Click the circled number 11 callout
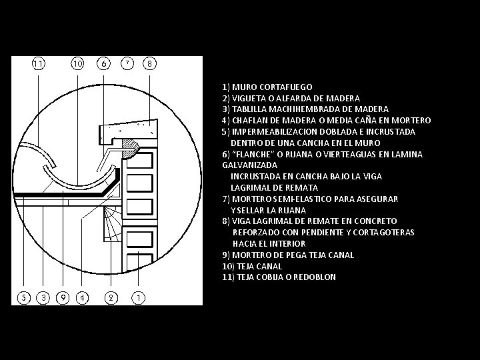tap(38, 64)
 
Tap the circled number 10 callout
tap(77, 64)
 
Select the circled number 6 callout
tap(103, 64)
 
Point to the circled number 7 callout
tap(127, 63)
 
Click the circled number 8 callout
tap(149, 64)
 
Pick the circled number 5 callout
tap(24, 297)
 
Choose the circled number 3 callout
tap(43, 297)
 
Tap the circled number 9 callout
tap(63, 297)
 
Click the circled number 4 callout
tap(82, 297)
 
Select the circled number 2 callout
tap(111, 297)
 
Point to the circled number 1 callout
tap(139, 297)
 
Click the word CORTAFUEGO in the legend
tap(285, 87)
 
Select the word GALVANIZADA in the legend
tap(250, 165)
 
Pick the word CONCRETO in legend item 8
tap(375, 221)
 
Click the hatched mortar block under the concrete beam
tap(129, 149)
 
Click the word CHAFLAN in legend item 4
tap(251, 121)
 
